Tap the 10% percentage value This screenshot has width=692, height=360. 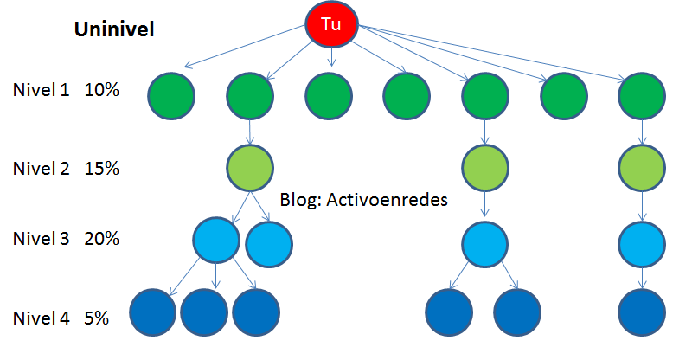tap(101, 89)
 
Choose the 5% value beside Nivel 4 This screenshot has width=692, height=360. tap(96, 318)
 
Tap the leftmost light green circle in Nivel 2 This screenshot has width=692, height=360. tap(250, 166)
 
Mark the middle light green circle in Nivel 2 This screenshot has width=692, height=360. tap(484, 166)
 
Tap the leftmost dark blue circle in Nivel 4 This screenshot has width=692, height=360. tap(152, 312)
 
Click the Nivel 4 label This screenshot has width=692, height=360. tap(40, 318)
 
